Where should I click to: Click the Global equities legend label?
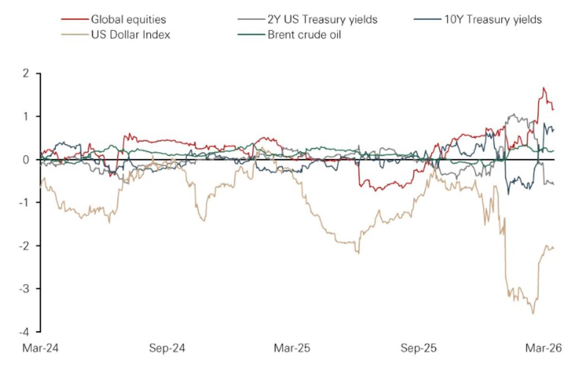128,20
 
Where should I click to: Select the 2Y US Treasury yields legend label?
322,20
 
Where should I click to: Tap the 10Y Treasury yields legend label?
493,20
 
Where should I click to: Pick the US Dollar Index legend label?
131,35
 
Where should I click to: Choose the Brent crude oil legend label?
305,35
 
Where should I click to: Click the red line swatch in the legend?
74,20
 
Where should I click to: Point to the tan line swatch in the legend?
74,35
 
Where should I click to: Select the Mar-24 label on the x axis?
40,349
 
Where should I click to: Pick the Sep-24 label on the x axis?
167,349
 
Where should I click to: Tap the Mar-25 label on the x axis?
292,349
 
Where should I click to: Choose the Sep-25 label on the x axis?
418,349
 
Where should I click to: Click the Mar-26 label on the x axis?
544,349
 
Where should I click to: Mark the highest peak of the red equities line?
544,88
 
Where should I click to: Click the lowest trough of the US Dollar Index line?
533,314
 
